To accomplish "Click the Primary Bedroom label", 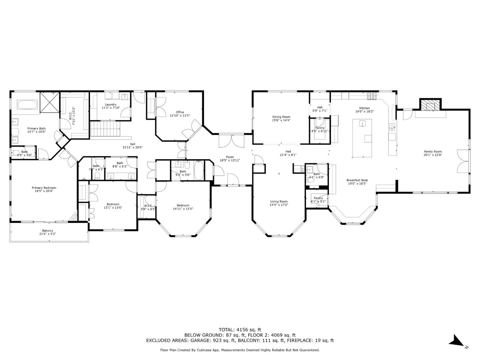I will (x=44, y=188).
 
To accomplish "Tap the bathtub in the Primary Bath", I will (x=27, y=105).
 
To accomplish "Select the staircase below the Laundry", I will (x=105, y=129).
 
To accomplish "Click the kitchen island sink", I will (x=362, y=124).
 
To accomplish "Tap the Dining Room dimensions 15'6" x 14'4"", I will (x=281, y=120).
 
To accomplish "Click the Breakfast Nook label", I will (x=357, y=180).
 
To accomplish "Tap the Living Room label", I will (x=279, y=201).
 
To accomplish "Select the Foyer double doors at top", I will (x=231, y=141).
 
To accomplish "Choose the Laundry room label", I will (x=110, y=104).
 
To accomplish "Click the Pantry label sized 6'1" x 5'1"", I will (x=318, y=198).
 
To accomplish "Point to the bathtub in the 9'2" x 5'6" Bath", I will (x=199, y=170).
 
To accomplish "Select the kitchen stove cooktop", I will (x=372, y=96).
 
